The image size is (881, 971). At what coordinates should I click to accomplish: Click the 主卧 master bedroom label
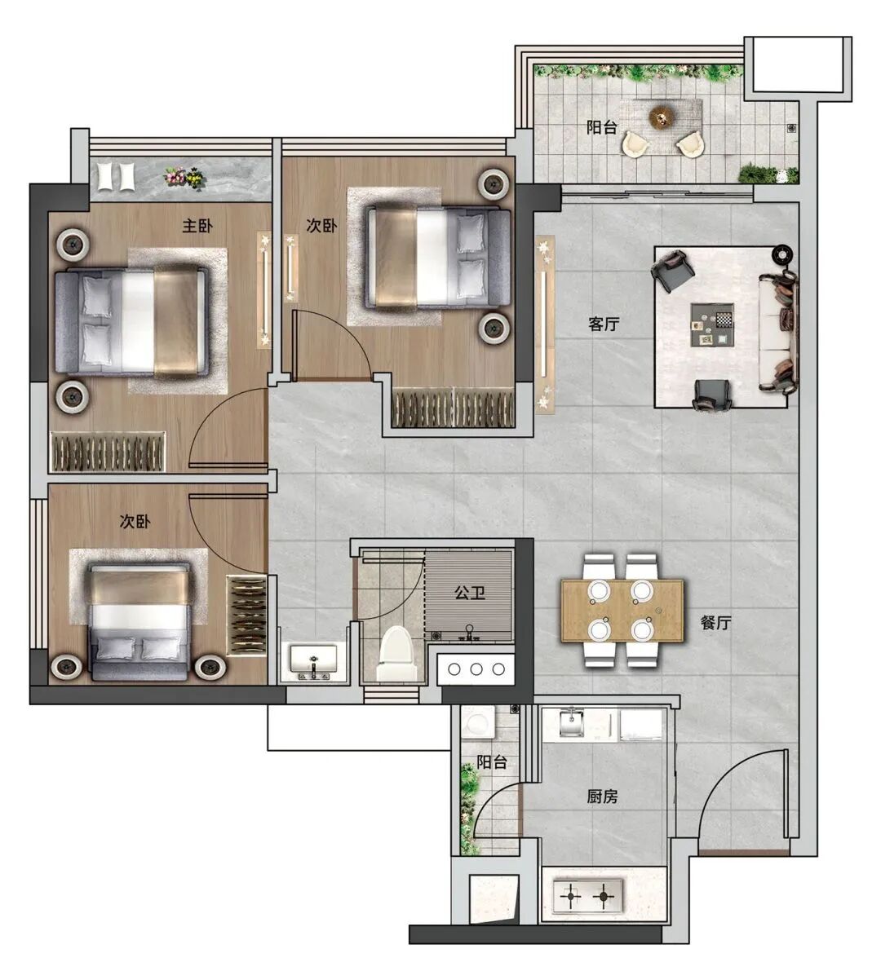(197, 226)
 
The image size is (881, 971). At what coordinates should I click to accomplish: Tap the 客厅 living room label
(604, 324)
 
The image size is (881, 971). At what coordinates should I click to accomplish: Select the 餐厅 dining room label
(715, 623)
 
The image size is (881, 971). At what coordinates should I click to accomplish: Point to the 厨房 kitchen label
(602, 797)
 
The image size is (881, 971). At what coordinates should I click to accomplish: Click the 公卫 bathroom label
(470, 593)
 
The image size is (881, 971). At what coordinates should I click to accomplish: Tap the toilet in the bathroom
(395, 653)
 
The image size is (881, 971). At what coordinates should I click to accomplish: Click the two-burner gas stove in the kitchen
(587, 895)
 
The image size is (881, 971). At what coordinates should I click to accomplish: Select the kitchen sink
(572, 723)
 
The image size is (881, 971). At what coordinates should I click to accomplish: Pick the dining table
(622, 611)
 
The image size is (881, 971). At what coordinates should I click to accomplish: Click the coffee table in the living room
(712, 324)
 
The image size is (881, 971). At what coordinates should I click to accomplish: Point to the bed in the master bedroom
(131, 322)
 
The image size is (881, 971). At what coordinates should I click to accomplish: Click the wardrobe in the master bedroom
(108, 452)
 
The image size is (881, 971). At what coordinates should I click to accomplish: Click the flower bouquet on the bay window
(184, 177)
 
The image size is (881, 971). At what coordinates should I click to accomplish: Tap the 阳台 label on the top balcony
(601, 127)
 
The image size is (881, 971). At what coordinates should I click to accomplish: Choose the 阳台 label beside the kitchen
(492, 762)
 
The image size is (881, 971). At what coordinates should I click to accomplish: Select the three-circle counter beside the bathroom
(476, 669)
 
